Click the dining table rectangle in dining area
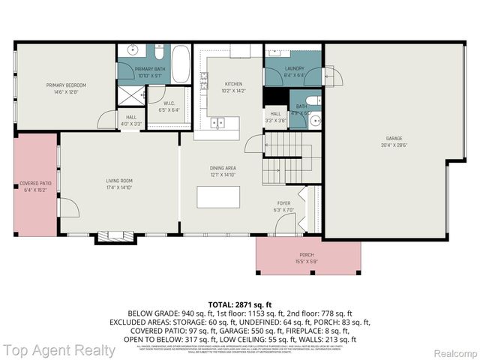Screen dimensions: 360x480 218,196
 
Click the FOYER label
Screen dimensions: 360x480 283,203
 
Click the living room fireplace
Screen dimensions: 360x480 115,238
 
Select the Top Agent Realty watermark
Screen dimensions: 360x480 58,350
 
